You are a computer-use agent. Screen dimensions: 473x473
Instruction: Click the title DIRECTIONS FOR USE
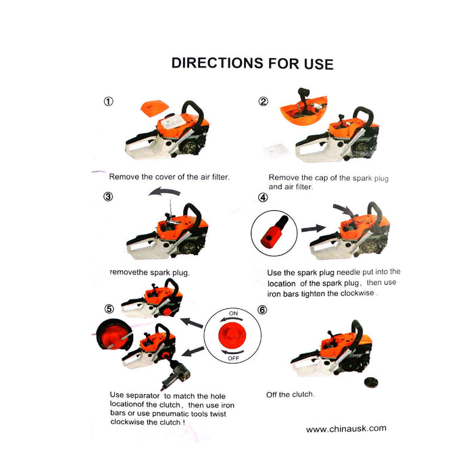click(x=252, y=64)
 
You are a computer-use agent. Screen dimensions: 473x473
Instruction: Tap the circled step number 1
click(x=109, y=101)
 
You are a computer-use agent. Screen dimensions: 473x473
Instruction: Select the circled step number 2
click(x=264, y=101)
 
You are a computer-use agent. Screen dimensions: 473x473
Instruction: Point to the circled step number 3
click(x=108, y=197)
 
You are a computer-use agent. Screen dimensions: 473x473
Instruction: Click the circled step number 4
click(x=263, y=197)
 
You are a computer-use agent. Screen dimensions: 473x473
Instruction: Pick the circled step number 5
click(x=109, y=309)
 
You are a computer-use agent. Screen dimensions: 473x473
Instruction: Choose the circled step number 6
click(x=262, y=309)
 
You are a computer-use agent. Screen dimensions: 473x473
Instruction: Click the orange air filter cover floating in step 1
click(x=155, y=109)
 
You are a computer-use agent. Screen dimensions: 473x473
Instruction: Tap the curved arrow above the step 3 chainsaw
click(x=164, y=191)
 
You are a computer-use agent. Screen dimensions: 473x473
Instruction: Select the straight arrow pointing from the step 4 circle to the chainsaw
click(x=313, y=228)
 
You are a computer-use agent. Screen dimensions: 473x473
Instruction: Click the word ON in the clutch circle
click(x=233, y=314)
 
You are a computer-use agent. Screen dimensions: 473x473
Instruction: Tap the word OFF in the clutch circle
click(x=233, y=358)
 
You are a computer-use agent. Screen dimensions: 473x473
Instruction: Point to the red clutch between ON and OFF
click(x=232, y=335)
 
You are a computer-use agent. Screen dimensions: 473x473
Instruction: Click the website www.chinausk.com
click(x=346, y=428)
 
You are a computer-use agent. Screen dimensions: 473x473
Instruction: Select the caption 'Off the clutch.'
click(x=290, y=394)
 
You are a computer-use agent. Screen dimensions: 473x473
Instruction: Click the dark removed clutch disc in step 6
click(x=371, y=382)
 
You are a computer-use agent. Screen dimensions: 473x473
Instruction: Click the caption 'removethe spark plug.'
click(x=149, y=272)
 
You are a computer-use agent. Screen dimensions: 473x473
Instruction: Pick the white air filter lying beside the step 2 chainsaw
click(x=276, y=150)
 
